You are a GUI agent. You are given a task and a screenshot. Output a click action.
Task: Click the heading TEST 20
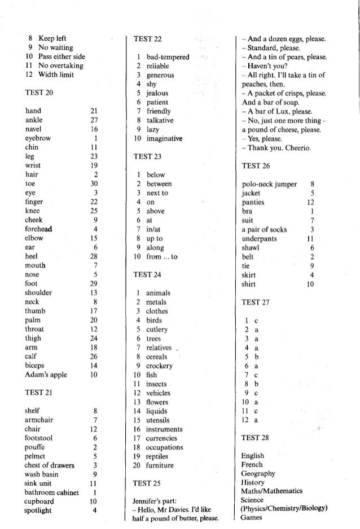click(x=39, y=91)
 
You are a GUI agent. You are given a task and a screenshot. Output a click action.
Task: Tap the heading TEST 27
click(x=255, y=302)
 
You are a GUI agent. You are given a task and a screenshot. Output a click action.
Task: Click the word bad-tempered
click(x=168, y=57)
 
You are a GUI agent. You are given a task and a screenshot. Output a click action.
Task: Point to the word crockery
click(x=159, y=365)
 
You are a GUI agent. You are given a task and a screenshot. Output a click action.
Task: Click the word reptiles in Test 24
click(x=159, y=456)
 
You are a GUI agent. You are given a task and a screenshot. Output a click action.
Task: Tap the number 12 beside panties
click(x=310, y=202)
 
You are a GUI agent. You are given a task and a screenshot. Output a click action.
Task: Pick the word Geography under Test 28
click(x=258, y=474)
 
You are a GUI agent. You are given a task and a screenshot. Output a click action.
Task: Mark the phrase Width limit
click(x=58, y=75)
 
